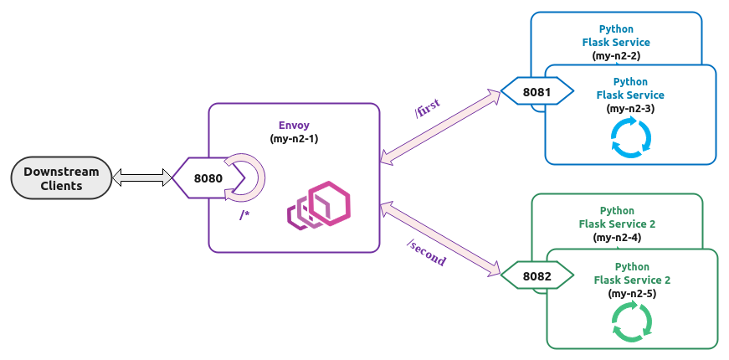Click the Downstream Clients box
coord(61,178)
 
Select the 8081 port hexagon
coord(536,91)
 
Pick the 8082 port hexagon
coord(536,275)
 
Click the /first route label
coord(428,109)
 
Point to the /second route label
coord(426,253)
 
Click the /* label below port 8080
coord(245,215)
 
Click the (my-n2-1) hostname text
coord(294,138)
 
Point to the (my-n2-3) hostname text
coord(630,109)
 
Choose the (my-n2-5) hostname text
coord(632,293)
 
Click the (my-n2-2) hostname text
coord(616,55)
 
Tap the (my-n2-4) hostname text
coord(617,238)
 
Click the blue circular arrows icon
coord(630,137)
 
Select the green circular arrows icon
coord(632,322)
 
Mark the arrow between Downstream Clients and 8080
coord(141,177)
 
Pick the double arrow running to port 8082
coord(440,238)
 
